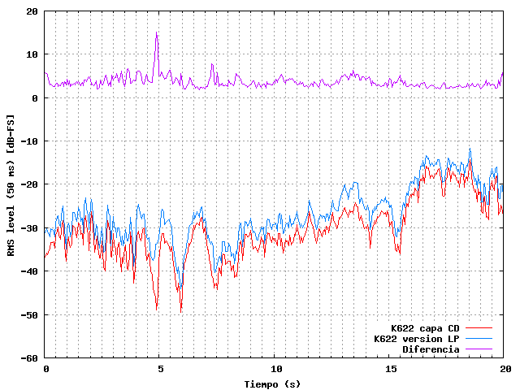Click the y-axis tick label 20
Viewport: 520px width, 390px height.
[x=32, y=11]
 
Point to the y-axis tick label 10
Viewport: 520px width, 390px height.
[x=32, y=54]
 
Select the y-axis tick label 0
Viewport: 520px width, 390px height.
[x=35, y=98]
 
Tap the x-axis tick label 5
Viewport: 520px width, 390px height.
[x=161, y=369]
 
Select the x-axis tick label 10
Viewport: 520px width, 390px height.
[x=275, y=369]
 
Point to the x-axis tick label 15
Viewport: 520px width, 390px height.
[x=391, y=369]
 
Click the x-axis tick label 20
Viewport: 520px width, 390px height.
[x=505, y=369]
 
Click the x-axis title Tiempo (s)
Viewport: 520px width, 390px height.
[x=274, y=383]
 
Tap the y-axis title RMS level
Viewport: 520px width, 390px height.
[x=11, y=185]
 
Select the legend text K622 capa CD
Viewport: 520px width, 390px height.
[x=425, y=328]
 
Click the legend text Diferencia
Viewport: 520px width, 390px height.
[x=431, y=349]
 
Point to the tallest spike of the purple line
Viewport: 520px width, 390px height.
[x=157, y=32]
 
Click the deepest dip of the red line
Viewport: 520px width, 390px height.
[x=180, y=312]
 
